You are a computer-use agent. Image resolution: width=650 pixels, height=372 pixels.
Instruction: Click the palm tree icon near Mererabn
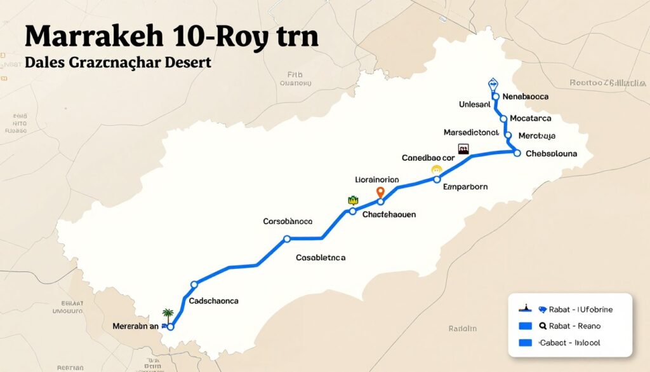168,313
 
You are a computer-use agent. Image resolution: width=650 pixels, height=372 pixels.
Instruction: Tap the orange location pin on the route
381,192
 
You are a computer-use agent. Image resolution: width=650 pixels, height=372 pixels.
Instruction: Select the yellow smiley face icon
436,170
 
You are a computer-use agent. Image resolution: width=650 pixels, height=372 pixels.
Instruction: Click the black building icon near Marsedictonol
464,149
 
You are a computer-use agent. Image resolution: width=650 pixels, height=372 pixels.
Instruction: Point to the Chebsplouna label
551,153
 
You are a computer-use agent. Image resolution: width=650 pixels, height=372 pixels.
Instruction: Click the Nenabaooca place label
525,96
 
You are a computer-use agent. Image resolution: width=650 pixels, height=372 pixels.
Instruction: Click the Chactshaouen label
388,215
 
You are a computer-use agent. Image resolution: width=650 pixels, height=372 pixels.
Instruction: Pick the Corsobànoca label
288,222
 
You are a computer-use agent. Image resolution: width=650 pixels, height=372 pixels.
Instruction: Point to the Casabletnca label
321,258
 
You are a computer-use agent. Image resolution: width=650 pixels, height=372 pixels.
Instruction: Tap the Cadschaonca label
213,300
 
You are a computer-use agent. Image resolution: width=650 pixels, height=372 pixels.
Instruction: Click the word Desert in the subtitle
188,64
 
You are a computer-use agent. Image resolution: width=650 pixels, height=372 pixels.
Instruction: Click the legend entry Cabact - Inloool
570,343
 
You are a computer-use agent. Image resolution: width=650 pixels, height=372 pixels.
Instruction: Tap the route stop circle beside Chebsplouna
517,153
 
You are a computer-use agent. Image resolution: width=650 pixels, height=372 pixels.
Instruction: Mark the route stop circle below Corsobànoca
287,239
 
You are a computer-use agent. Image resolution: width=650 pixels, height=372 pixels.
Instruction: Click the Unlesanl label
474,104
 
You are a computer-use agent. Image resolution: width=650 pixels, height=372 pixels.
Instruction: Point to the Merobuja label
537,135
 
